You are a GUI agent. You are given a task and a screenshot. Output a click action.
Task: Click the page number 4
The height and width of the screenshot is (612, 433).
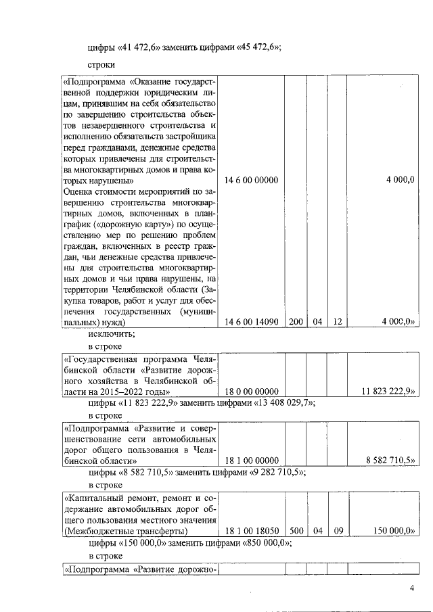coord(411,588)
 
